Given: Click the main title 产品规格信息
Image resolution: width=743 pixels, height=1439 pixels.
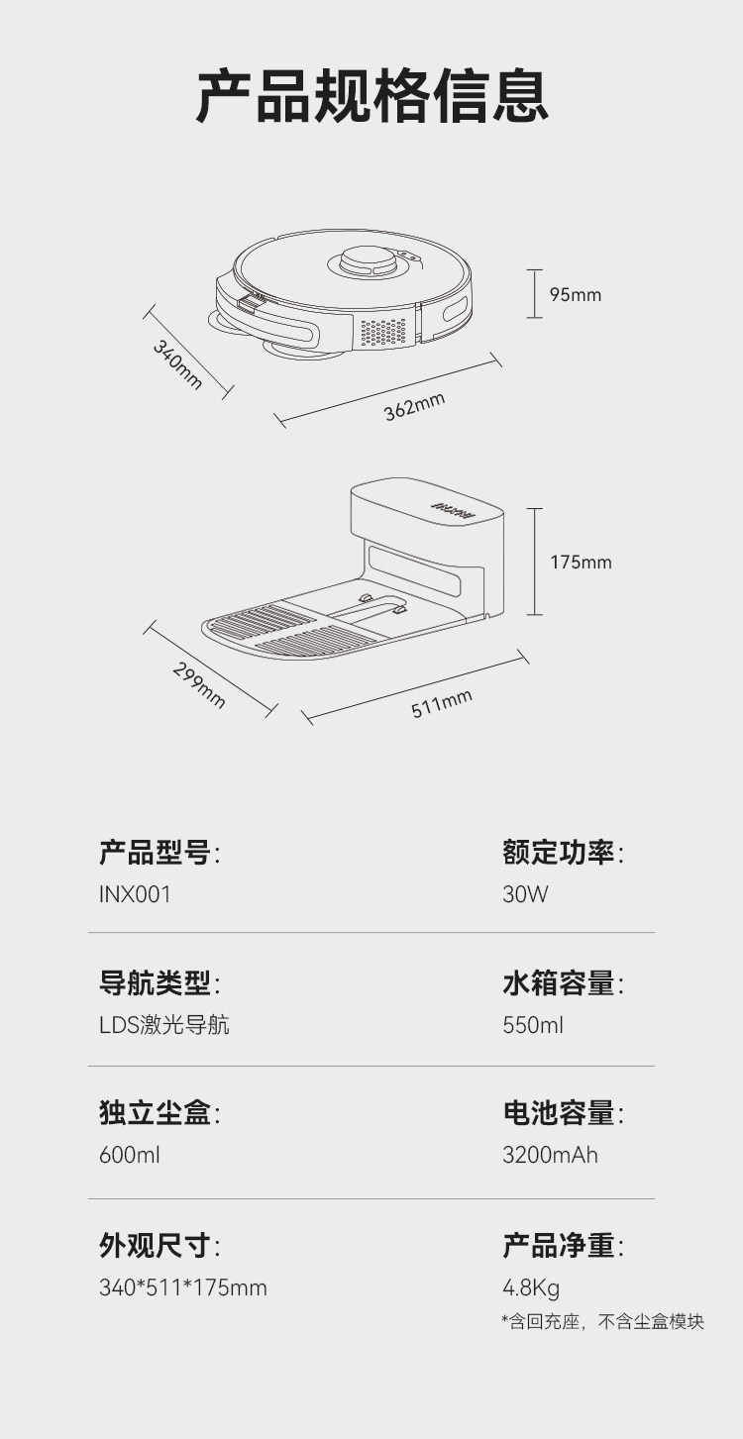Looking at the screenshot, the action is pos(371,96).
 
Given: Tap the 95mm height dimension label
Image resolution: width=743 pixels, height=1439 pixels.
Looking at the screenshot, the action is pos(576,295).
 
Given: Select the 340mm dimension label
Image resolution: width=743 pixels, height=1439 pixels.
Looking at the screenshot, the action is pos(177,363).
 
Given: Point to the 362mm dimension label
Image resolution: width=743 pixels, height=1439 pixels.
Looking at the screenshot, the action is pos(414,406).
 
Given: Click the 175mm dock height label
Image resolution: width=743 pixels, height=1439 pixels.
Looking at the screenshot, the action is pos(581,563).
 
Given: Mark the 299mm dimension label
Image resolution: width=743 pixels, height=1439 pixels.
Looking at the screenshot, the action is pos(199,684).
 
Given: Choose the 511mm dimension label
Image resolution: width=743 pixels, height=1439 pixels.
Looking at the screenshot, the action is pos(442,704).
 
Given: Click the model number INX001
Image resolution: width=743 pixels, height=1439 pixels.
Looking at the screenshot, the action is pos(135,894).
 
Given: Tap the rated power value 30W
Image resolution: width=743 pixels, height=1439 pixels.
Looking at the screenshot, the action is pos(525,894).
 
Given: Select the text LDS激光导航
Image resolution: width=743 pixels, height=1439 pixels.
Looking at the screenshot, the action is pos(163,1025).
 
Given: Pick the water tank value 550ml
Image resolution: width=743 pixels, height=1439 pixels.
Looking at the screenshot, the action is pos(533,1025).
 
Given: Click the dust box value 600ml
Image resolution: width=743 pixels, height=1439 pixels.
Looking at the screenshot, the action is pos(129,1155).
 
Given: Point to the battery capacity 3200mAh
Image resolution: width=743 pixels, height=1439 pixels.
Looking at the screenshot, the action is pos(550,1155).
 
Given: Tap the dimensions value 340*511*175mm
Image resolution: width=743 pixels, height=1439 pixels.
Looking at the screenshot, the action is pos(183,1287).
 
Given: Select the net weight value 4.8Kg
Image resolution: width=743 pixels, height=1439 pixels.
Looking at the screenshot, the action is pos(531,1287).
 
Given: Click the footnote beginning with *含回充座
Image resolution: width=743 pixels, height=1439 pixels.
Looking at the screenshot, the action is pos(602,1322).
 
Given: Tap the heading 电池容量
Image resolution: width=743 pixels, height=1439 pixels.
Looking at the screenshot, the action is pos(559,1113).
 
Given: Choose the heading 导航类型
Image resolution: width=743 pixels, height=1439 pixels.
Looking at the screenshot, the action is pos(155,983).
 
